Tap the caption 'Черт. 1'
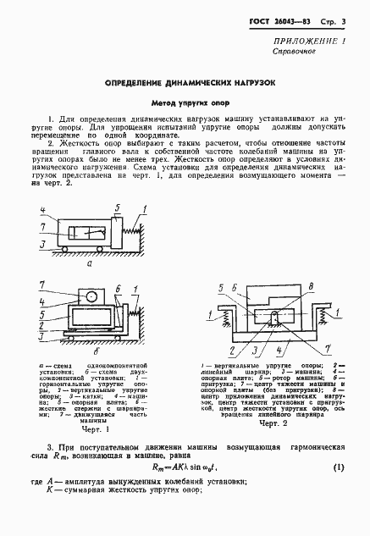pos(87,429)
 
